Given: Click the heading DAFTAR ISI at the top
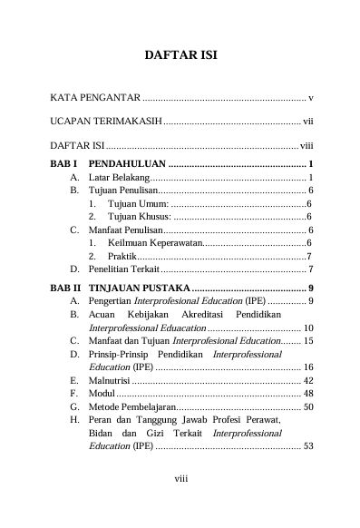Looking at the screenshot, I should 180,56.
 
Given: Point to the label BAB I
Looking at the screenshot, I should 63,163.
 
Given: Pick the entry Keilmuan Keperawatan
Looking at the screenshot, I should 154,243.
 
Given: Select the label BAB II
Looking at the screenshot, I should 64,288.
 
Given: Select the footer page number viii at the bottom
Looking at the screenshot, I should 180,501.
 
